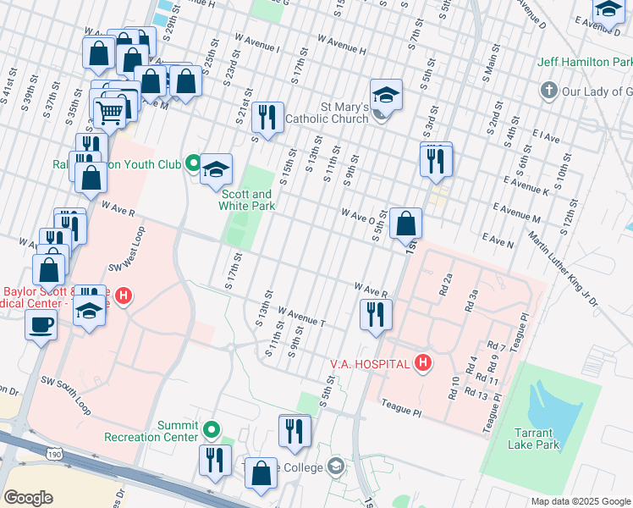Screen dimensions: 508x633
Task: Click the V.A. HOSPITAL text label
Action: (370, 364)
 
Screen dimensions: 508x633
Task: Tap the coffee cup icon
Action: (41, 323)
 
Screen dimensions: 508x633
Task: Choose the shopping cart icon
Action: (110, 111)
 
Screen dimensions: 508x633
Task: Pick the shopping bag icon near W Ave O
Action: (406, 224)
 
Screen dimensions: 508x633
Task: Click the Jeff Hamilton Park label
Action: (585, 63)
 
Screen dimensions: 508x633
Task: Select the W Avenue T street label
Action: (301, 317)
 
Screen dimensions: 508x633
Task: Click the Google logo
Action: (29, 498)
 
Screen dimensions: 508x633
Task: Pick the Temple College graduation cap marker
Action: (336, 467)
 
